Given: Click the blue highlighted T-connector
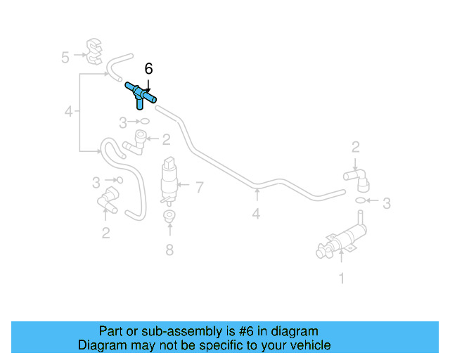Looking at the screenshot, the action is pyautogui.click(x=140, y=94).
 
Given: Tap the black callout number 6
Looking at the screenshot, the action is pyautogui.click(x=148, y=69).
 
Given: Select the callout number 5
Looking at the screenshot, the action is pyautogui.click(x=65, y=57).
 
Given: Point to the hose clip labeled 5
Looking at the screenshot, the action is pyautogui.click(x=94, y=51).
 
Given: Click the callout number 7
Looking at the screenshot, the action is pyautogui.click(x=200, y=187).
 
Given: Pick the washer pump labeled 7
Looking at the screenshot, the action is pyautogui.click(x=169, y=181).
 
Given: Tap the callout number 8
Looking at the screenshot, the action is pyautogui.click(x=169, y=250).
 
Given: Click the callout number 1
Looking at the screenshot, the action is pyautogui.click(x=342, y=278).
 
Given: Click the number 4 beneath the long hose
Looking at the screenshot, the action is pyautogui.click(x=256, y=214).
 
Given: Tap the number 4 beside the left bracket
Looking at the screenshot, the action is pyautogui.click(x=69, y=111).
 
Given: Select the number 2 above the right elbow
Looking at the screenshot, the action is pyautogui.click(x=356, y=147).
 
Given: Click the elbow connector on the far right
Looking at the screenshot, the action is pyautogui.click(x=357, y=179).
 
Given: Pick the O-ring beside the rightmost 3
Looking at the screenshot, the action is pyautogui.click(x=360, y=200).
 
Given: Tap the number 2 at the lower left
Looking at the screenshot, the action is pyautogui.click(x=106, y=233).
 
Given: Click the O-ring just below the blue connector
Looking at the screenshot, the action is pyautogui.click(x=145, y=122).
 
